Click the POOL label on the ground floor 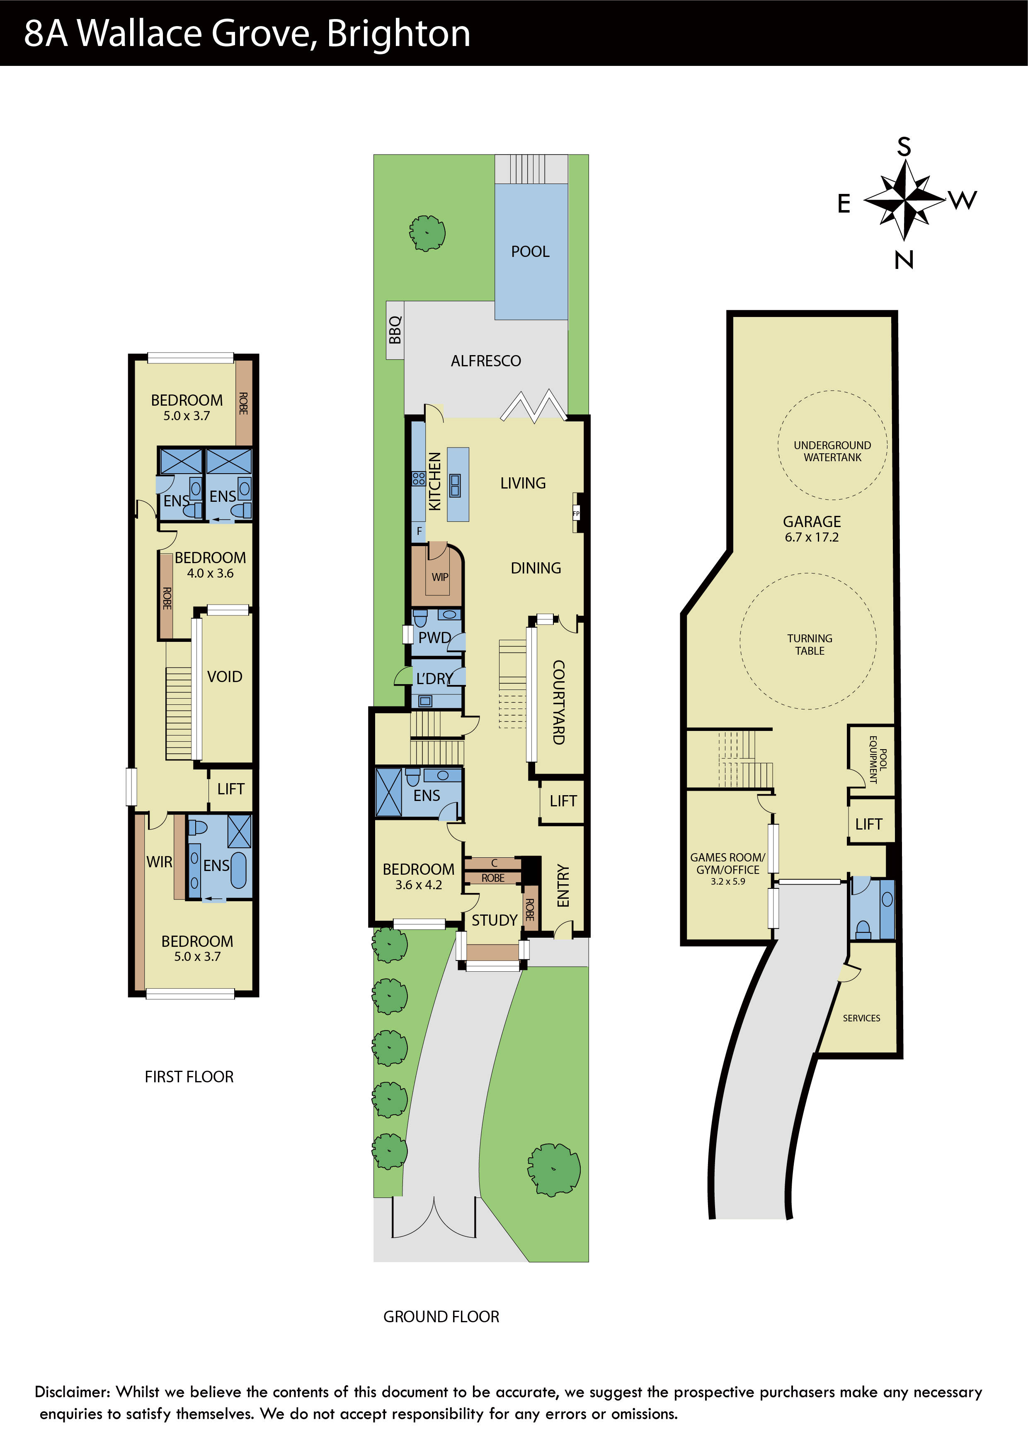[530, 252]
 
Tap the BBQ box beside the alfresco [395, 330]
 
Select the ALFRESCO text [486, 361]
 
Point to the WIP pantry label [439, 577]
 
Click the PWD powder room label [434, 638]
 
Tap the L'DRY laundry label [434, 679]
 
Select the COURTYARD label [559, 702]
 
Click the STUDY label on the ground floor [494, 920]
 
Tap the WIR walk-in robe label [159, 862]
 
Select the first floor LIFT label [230, 789]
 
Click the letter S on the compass [904, 147]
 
